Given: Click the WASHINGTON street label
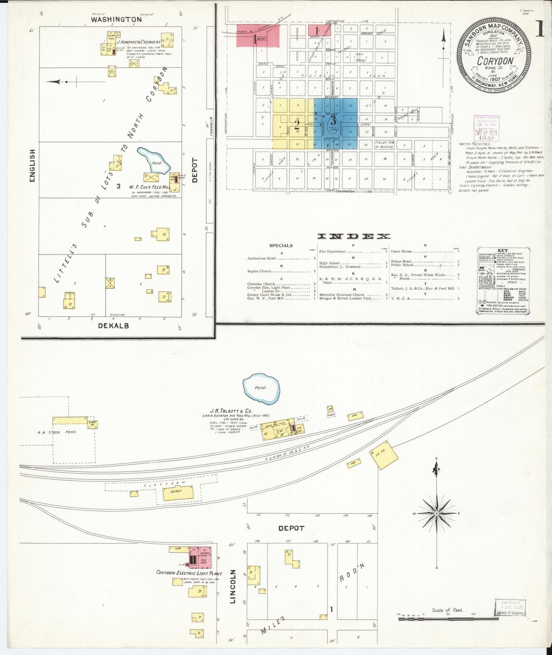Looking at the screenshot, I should (x=116, y=19).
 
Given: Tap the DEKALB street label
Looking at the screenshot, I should (x=113, y=326).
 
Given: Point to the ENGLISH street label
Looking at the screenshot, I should (x=32, y=166).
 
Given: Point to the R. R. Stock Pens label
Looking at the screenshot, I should (x=57, y=432).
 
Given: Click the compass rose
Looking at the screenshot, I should (x=436, y=514).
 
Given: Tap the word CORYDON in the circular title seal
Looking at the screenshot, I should (x=495, y=61).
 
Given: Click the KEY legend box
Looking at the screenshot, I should (x=503, y=281).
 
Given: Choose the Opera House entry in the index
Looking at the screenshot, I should (x=401, y=251).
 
